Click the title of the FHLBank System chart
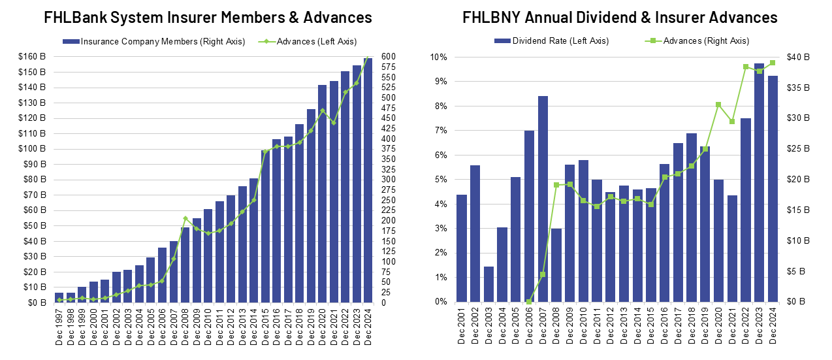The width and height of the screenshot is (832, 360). (208, 17)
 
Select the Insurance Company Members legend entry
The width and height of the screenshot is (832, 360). (155, 42)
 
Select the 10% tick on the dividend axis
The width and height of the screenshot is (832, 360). (439, 57)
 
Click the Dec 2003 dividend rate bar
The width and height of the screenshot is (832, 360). (488, 284)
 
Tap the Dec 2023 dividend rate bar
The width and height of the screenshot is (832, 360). (759, 182)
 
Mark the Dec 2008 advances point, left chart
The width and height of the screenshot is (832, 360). (185, 218)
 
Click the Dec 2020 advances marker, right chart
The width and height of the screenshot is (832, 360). (718, 105)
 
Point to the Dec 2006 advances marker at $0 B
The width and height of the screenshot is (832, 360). (529, 301)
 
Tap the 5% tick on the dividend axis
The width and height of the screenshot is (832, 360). (441, 180)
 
